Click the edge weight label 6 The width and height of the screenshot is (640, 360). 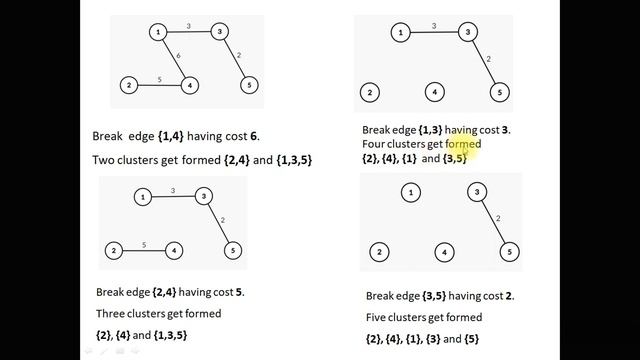179,57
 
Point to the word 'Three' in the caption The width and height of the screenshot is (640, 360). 112,313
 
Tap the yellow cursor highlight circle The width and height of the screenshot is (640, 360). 476,143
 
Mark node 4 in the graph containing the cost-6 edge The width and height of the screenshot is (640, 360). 189,85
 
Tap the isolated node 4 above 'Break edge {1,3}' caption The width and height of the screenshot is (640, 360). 434,93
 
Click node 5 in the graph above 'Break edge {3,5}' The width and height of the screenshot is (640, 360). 509,252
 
